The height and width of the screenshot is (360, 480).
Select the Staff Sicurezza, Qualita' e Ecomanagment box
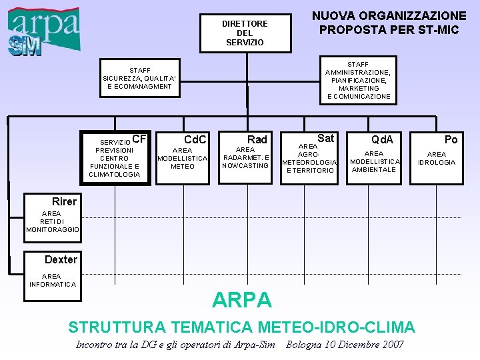point(139,78)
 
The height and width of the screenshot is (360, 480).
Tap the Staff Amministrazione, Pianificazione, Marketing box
point(358,81)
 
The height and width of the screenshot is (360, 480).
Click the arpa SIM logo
point(44,31)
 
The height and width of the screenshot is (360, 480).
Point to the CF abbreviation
point(139,139)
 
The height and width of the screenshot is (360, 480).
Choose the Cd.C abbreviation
point(195,139)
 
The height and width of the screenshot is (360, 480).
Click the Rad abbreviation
point(257,139)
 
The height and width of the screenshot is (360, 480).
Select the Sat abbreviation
point(325,138)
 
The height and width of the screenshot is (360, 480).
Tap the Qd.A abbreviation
point(382,139)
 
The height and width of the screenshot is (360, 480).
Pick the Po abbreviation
point(451,139)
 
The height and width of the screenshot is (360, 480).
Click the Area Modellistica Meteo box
point(182,159)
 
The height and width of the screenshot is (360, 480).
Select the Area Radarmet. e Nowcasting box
point(245,158)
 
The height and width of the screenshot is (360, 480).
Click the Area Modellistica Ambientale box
point(375,161)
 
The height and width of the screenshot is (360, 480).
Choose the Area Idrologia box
point(437,158)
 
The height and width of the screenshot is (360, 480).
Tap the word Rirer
point(64,201)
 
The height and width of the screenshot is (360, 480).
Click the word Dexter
point(61,259)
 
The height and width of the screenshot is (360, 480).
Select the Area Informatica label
point(52,280)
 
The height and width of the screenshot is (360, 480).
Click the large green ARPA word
point(242,301)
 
